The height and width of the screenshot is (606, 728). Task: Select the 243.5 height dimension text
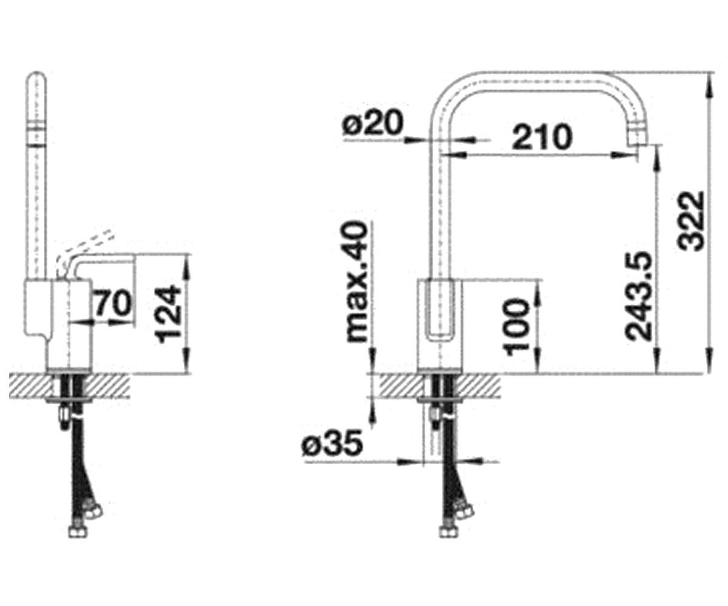(639, 296)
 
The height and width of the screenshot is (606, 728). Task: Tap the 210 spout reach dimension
(542, 136)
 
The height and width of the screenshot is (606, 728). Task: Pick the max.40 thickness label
(357, 281)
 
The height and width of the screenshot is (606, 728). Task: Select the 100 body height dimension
(516, 327)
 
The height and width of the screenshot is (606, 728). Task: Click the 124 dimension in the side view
(169, 314)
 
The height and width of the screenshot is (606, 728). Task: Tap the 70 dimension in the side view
(113, 302)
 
